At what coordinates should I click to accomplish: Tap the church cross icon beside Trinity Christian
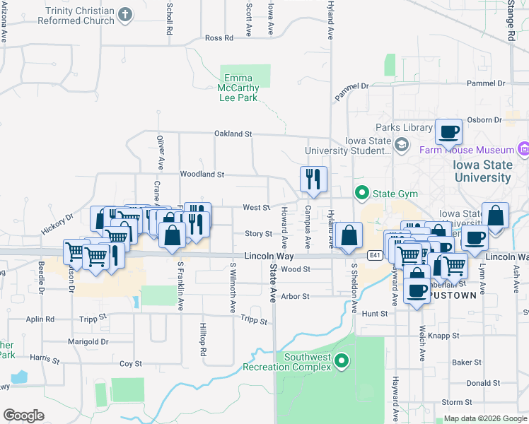125,14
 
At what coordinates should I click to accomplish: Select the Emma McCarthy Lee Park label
238,88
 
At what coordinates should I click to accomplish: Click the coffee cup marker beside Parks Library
448,131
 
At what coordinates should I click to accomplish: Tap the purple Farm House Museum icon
523,150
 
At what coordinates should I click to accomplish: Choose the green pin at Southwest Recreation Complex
342,362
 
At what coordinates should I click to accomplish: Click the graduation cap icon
402,145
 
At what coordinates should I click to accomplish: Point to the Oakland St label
233,134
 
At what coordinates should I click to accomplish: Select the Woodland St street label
202,174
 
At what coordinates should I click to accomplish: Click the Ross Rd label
219,38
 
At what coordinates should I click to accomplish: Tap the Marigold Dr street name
90,341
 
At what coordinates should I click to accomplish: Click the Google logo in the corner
23,415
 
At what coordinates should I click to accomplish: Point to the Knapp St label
446,336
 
